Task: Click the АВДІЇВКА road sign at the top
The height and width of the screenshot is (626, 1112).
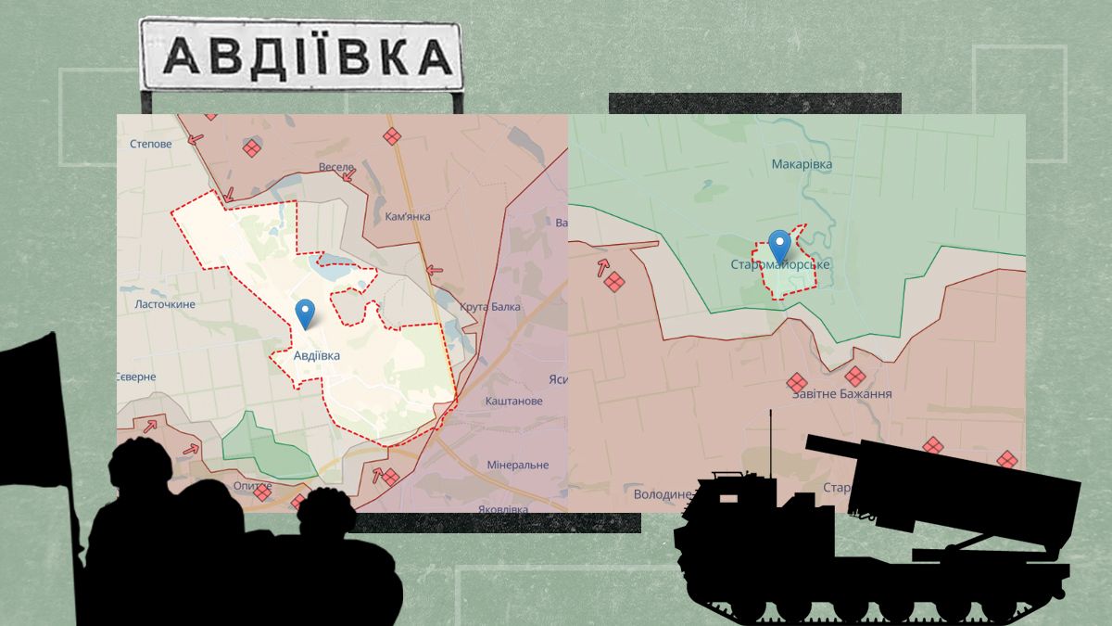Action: (x=300, y=57)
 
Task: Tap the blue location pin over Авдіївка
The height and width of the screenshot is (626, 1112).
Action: (x=305, y=313)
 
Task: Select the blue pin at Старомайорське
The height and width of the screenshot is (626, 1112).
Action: (x=780, y=245)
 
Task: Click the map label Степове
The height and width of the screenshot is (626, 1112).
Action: (x=151, y=144)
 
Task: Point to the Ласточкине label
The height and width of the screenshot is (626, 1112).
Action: (x=165, y=303)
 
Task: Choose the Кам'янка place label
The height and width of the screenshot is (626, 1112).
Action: (x=408, y=216)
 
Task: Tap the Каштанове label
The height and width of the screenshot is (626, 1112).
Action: (x=514, y=401)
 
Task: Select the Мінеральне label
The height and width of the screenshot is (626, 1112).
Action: (x=518, y=465)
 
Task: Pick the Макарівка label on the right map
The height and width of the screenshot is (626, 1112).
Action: (x=802, y=164)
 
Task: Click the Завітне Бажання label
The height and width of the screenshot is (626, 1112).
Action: (x=841, y=393)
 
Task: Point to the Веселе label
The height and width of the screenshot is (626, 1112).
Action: (x=336, y=167)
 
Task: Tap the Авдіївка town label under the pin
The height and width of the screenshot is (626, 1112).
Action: (x=316, y=355)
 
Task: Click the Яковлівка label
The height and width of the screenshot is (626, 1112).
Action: (x=504, y=509)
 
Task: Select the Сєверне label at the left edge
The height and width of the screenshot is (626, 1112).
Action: (x=136, y=377)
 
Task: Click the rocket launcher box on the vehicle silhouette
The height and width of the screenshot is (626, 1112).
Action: (x=964, y=501)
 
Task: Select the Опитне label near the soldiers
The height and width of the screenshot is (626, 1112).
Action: (x=252, y=486)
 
